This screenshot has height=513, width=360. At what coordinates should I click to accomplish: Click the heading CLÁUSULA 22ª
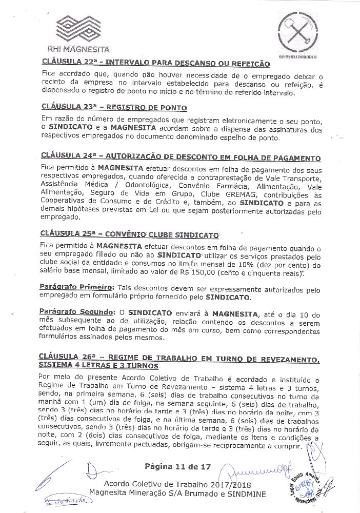pos(154,64)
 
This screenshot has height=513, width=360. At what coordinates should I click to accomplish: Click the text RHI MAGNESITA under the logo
pos(78,51)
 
